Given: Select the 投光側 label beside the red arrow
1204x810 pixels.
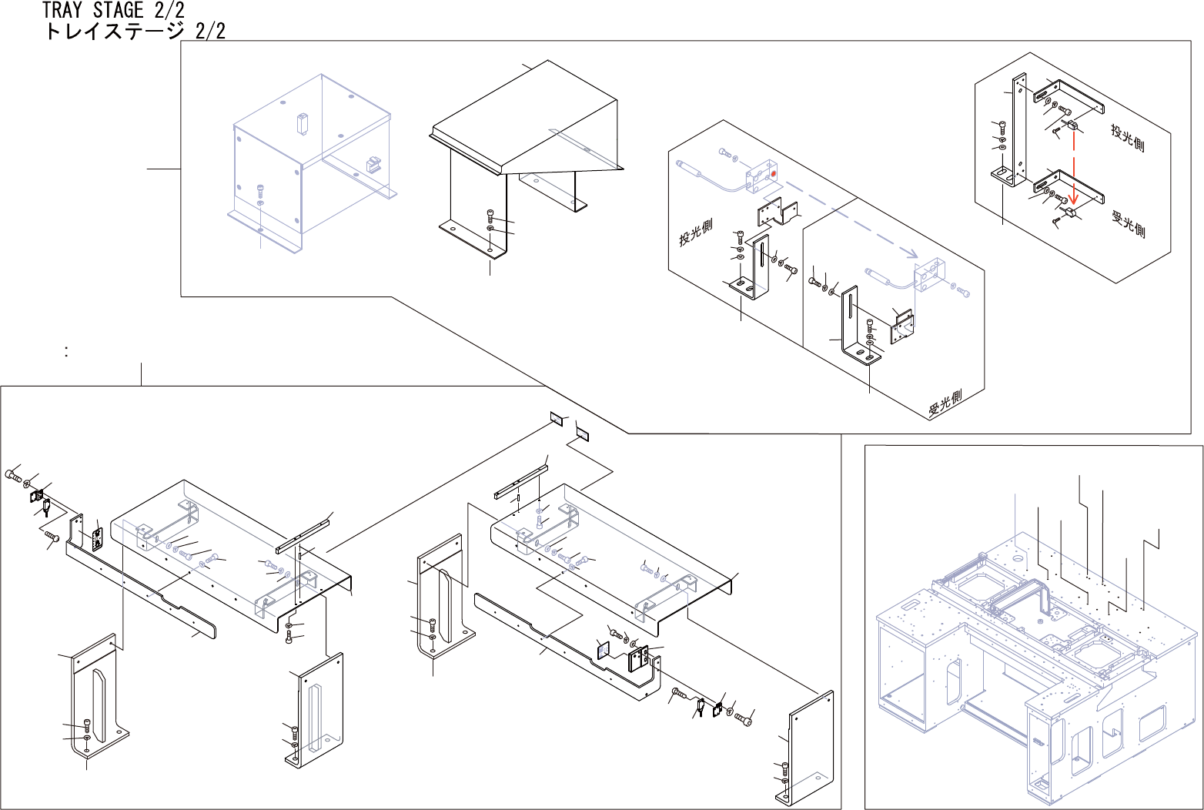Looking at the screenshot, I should tap(1127, 136).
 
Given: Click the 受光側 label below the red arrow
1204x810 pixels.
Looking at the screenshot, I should tap(1129, 223).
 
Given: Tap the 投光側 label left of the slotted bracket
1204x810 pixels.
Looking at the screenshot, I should tap(695, 233).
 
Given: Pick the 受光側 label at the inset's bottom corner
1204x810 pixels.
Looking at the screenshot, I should tap(945, 401).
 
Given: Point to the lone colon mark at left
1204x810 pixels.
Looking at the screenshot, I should tap(68, 352).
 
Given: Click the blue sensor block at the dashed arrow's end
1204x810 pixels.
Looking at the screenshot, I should tap(929, 276).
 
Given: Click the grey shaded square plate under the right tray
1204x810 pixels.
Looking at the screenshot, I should tap(602, 651).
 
